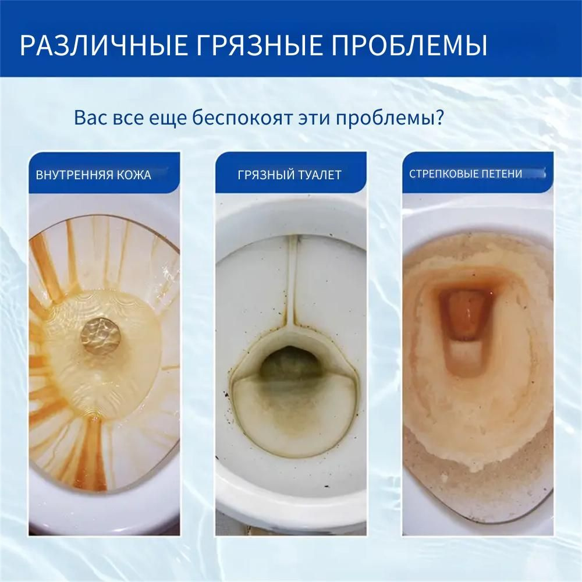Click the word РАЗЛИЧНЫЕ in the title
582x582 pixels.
[x=104, y=45]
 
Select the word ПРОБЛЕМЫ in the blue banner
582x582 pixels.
[x=409, y=45]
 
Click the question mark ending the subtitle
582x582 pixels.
[x=439, y=118]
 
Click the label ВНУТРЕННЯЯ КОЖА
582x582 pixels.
[x=94, y=175]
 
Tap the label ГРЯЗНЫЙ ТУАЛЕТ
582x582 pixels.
[x=289, y=175]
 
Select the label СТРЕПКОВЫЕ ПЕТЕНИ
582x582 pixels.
[x=466, y=173]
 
